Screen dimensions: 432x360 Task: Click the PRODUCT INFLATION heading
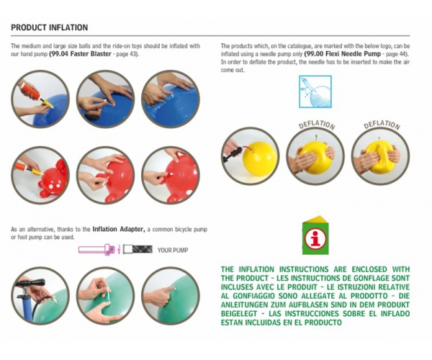click(x=49, y=27)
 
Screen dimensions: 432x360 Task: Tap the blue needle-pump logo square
click(x=315, y=91)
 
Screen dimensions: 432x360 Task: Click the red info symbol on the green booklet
click(x=316, y=238)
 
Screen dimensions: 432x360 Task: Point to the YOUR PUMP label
click(x=173, y=250)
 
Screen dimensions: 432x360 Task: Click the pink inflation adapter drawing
click(x=96, y=250)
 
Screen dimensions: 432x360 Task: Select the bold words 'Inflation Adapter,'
click(x=119, y=229)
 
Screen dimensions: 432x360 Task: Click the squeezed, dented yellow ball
click(x=380, y=156)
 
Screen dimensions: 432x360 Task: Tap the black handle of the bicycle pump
click(x=30, y=284)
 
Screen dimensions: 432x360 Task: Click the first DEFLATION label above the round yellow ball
click(x=317, y=125)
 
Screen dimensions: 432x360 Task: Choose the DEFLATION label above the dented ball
click(x=382, y=125)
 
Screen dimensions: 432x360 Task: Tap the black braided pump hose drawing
click(x=143, y=249)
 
